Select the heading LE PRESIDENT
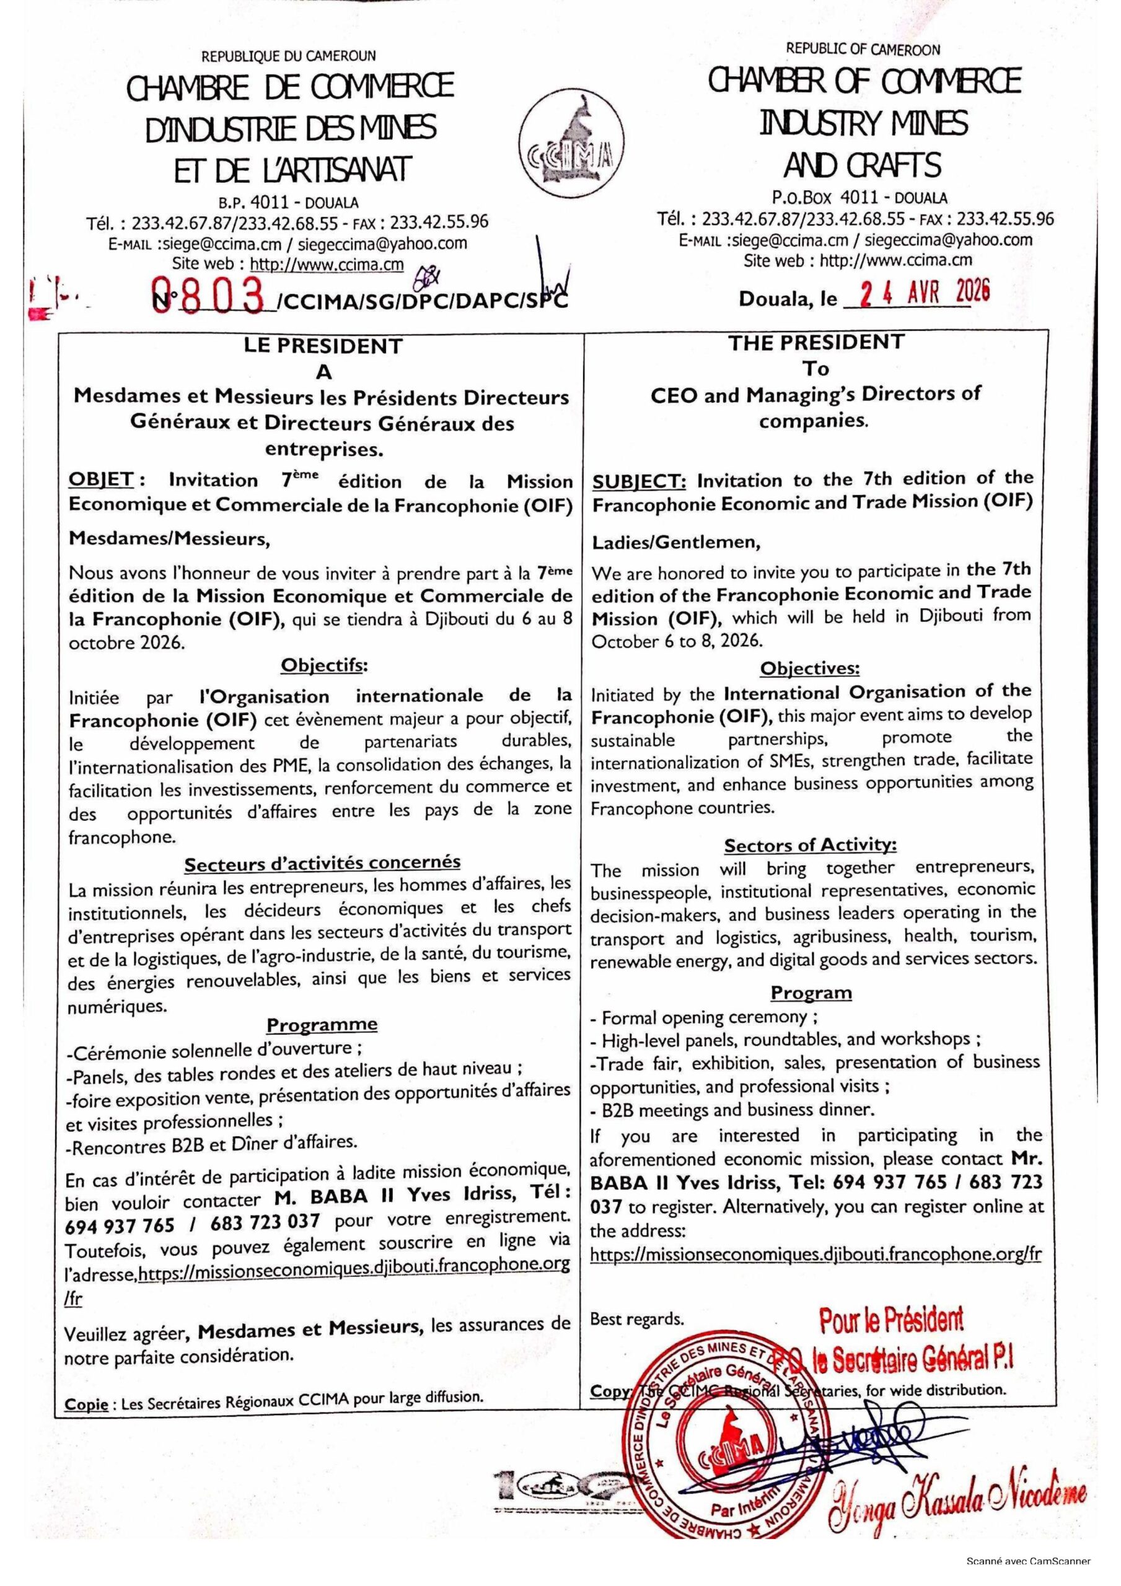[323, 346]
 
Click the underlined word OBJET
[100, 480]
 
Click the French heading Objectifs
[323, 665]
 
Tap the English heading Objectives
[810, 668]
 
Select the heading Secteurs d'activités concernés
[322, 864]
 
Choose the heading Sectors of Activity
[810, 845]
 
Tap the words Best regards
[636, 1320]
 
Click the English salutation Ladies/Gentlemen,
[676, 542]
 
